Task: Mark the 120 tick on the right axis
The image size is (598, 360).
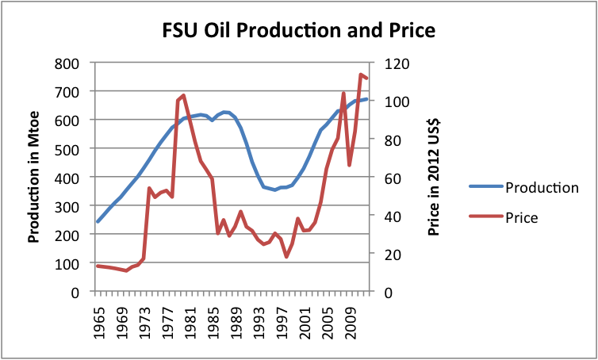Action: [397, 63]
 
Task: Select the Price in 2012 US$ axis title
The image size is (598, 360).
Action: [434, 177]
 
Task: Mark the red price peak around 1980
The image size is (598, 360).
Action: [183, 95]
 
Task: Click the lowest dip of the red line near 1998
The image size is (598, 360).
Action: [286, 256]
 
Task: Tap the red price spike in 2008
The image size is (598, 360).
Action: [343, 94]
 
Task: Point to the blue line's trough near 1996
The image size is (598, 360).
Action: [275, 190]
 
